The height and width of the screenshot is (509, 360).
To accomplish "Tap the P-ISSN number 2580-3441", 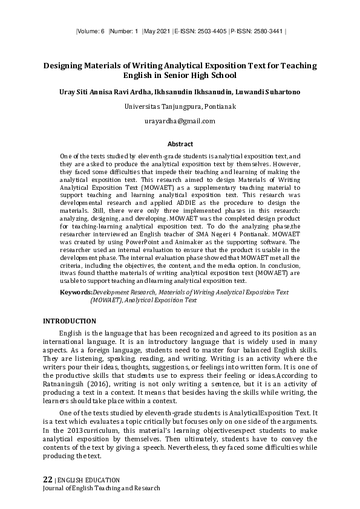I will pyautogui.click(x=269, y=30).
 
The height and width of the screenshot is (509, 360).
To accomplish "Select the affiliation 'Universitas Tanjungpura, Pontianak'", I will pyautogui.click(x=180, y=106).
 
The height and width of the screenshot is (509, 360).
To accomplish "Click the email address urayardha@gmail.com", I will pyautogui.click(x=180, y=121).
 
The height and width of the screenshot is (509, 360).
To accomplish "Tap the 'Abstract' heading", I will pyautogui.click(x=180, y=144).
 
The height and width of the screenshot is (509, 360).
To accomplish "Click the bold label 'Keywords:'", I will pyautogui.click(x=76, y=292).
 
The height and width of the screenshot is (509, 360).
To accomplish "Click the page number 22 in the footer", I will pyautogui.click(x=47, y=479).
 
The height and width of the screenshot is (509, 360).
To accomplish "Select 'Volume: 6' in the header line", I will pyautogui.click(x=91, y=30).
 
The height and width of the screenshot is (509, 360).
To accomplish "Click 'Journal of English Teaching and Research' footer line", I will pyautogui.click(x=102, y=488).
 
